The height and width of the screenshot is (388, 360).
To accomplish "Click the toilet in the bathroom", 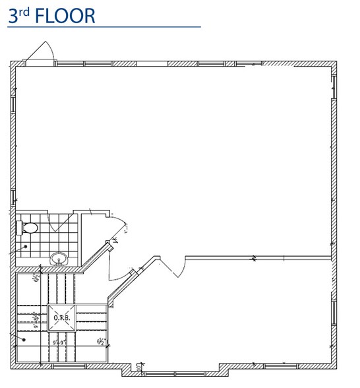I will pos(28,228).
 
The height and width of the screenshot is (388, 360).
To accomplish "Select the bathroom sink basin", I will pos(59,258).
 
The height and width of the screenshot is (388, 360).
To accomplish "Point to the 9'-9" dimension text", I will pos(62,342).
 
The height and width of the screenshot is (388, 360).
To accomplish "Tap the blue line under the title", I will pos(103,27).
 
